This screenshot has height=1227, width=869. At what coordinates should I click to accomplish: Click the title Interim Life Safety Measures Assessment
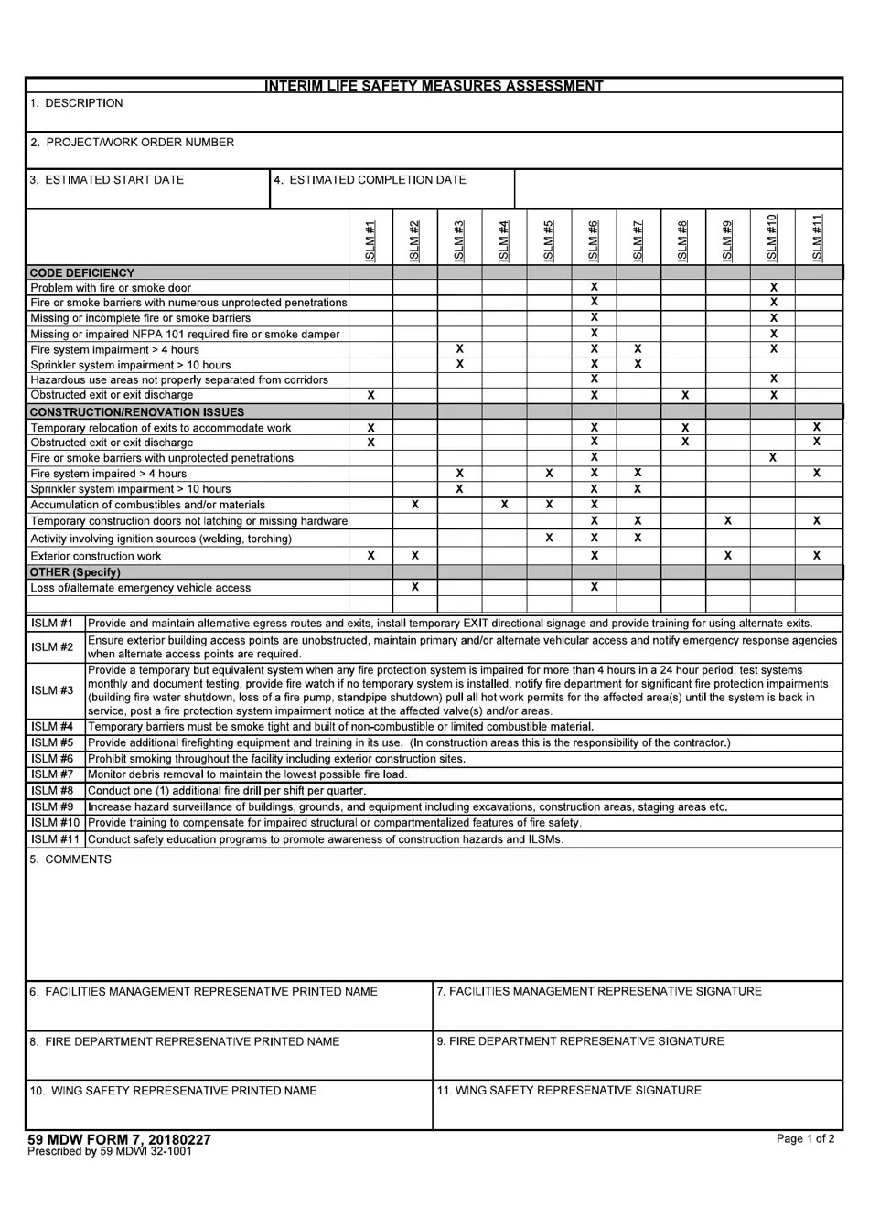pos(434,86)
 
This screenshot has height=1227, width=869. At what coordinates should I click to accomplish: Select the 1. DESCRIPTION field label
pos(76,103)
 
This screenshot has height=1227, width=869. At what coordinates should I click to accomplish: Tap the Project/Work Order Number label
pos(132,143)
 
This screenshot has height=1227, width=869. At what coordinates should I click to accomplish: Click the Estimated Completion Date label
pos(370,180)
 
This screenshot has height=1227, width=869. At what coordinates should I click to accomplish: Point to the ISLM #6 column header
pos(594,240)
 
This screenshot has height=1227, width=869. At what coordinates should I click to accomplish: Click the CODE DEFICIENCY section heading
pos(82,272)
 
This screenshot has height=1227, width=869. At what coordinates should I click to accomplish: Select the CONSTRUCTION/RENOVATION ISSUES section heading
pos(137,412)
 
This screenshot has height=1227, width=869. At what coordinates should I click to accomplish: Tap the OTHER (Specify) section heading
pos(75,572)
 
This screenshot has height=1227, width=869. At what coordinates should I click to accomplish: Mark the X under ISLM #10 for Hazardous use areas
pos(773,379)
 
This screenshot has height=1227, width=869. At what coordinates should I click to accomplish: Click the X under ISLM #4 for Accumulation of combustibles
pos(504,505)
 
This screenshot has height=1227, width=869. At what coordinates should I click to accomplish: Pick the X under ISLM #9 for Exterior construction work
pos(727,555)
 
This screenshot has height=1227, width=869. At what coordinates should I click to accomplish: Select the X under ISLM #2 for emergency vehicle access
pos(415,587)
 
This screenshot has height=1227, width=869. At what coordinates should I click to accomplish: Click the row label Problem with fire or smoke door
pos(111,288)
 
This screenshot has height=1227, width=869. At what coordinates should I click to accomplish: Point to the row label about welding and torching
pos(161,539)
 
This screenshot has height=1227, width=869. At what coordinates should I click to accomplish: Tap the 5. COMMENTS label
pos(70,859)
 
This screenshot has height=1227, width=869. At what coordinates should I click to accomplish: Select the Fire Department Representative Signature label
pos(580,1041)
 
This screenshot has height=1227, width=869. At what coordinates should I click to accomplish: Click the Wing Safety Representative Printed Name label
pos(173,1091)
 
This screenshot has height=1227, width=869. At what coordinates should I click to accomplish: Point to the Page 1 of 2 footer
pos(805,1139)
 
